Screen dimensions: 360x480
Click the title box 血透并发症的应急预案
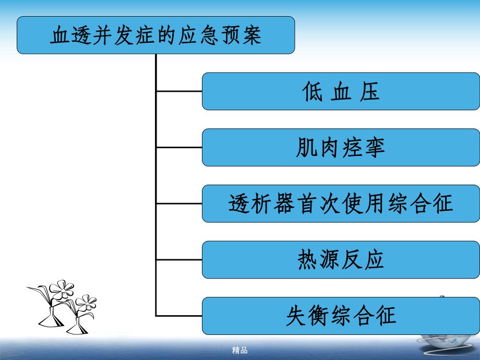coord(155,35)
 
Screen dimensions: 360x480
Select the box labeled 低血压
coord(341,91)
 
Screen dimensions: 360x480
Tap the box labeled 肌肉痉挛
coord(341,148)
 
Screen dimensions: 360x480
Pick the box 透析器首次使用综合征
coord(341,203)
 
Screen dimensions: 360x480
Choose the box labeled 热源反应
coord(341,260)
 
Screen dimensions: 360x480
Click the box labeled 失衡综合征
coord(341,316)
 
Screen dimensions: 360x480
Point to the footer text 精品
coord(239,351)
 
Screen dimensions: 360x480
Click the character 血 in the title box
coord(61,35)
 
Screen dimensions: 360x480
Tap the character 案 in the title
coord(251,35)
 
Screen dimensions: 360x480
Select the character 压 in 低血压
coord(370,92)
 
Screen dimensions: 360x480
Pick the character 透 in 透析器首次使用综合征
coord(239,204)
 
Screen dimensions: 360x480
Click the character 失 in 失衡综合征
coord(296,316)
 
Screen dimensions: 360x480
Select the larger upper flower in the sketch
coord(61,289)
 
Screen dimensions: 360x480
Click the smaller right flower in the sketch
coord(86,303)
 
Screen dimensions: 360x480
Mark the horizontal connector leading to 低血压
coord(179,91)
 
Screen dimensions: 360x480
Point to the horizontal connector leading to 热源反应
coord(179,260)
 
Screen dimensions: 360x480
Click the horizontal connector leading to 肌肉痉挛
coord(179,148)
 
